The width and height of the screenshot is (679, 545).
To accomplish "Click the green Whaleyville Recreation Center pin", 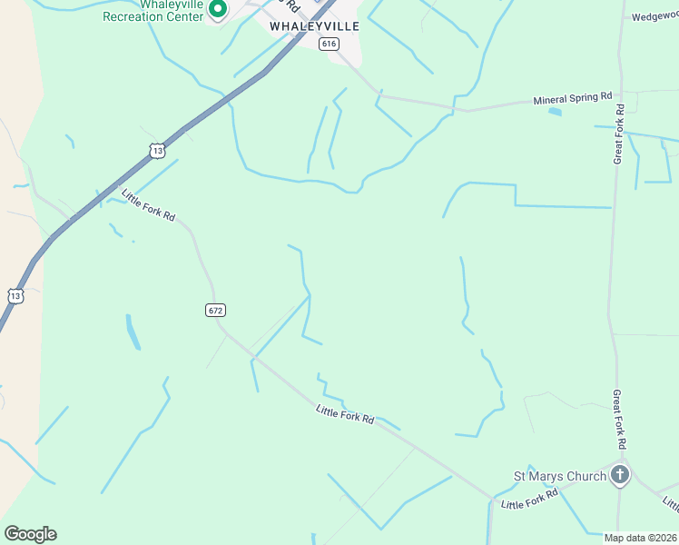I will pyautogui.click(x=218, y=9).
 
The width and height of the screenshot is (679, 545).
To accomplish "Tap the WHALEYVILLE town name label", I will pyautogui.click(x=314, y=26).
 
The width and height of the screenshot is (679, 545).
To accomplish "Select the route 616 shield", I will pyautogui.click(x=329, y=44).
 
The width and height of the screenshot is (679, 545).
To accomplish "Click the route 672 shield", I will pyautogui.click(x=215, y=310).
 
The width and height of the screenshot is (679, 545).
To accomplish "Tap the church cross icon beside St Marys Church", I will pyautogui.click(x=620, y=474).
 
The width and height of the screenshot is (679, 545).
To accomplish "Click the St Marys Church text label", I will pyautogui.click(x=559, y=476).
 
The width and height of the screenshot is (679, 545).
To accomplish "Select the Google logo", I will pyautogui.click(x=30, y=534).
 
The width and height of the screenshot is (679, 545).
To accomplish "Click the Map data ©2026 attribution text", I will pyautogui.click(x=640, y=538).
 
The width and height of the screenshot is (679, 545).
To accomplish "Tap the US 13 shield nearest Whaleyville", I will pyautogui.click(x=158, y=150).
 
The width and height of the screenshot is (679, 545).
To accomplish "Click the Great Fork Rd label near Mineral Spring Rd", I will pyautogui.click(x=619, y=134).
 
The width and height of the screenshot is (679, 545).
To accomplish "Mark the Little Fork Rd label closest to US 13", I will pyautogui.click(x=148, y=206).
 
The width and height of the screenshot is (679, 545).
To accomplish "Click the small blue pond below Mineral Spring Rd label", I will pyautogui.click(x=555, y=112).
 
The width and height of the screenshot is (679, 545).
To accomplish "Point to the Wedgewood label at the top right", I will pyautogui.click(x=656, y=16).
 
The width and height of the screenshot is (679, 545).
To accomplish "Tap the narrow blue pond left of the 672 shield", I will pyautogui.click(x=133, y=332).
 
